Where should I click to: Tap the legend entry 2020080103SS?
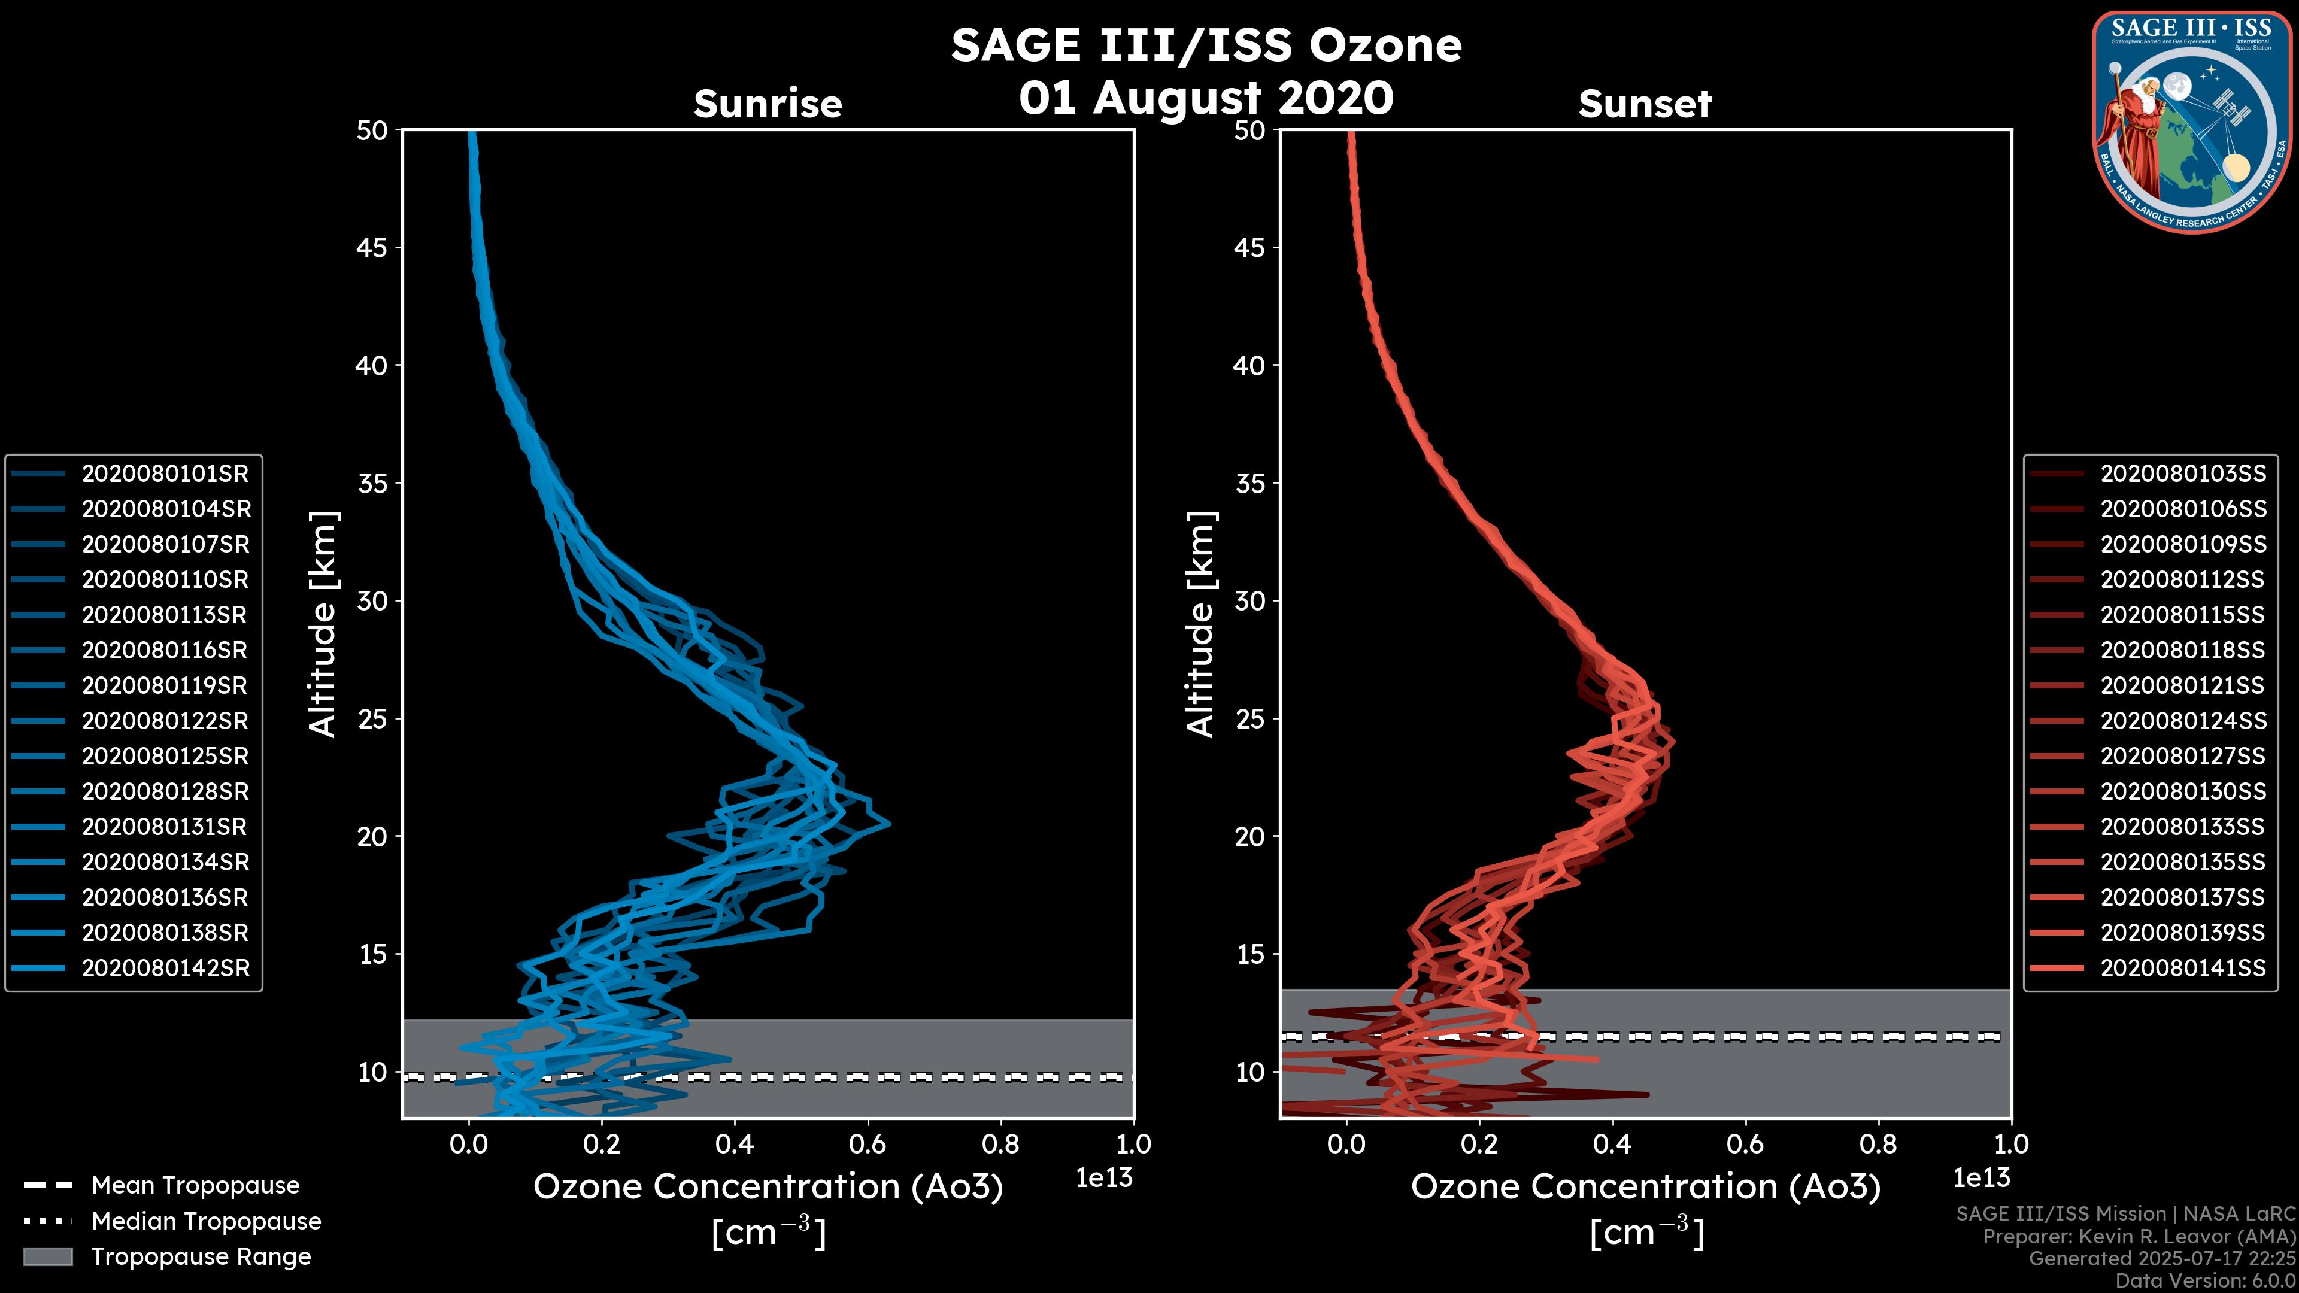pos(2182,474)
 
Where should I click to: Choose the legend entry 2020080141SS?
pos(2182,968)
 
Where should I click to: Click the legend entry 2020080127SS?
pos(2182,757)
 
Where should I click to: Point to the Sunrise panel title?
pos(768,104)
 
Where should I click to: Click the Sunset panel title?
pos(1645,104)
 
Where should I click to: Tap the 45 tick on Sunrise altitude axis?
pos(372,248)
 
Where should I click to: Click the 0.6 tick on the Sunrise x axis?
pos(866,1144)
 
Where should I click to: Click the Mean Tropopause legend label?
pos(195,1186)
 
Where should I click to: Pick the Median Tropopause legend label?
pos(206,1222)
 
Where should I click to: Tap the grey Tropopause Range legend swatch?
pos(47,1257)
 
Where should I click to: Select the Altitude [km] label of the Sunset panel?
pos(1201,624)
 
